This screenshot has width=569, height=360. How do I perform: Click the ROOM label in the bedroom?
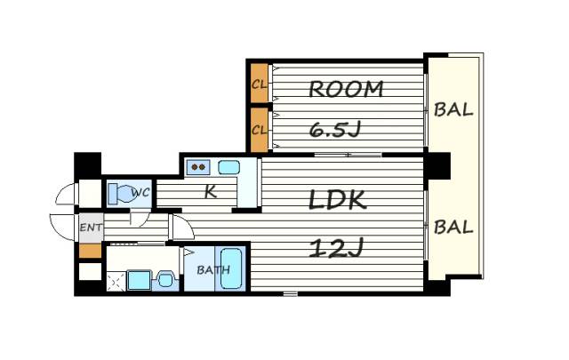(x=346, y=89)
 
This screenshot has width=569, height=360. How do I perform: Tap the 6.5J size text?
(x=335, y=130)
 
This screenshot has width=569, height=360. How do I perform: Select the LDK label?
(x=338, y=200)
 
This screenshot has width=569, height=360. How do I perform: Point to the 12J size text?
(x=336, y=249)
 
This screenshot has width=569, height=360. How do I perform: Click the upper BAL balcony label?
(x=453, y=109)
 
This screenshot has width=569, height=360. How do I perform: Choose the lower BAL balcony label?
(x=453, y=228)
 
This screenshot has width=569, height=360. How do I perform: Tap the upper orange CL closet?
(x=259, y=84)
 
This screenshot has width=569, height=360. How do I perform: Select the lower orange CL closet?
(x=259, y=130)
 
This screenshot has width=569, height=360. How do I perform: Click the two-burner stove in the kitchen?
(x=198, y=167)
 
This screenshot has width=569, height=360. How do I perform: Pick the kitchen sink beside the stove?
(x=228, y=167)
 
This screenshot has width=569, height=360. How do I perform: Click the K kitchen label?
(x=210, y=192)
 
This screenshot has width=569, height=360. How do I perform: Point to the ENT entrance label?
(x=91, y=228)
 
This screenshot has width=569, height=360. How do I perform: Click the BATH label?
(x=213, y=270)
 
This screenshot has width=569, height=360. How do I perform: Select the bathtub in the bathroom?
(x=231, y=268)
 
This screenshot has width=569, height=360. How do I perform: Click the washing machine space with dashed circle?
(x=116, y=282)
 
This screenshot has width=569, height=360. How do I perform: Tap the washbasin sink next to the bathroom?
(x=165, y=280)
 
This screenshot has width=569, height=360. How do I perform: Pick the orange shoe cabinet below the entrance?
(x=90, y=251)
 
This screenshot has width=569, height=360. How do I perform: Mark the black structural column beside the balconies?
(x=439, y=166)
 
